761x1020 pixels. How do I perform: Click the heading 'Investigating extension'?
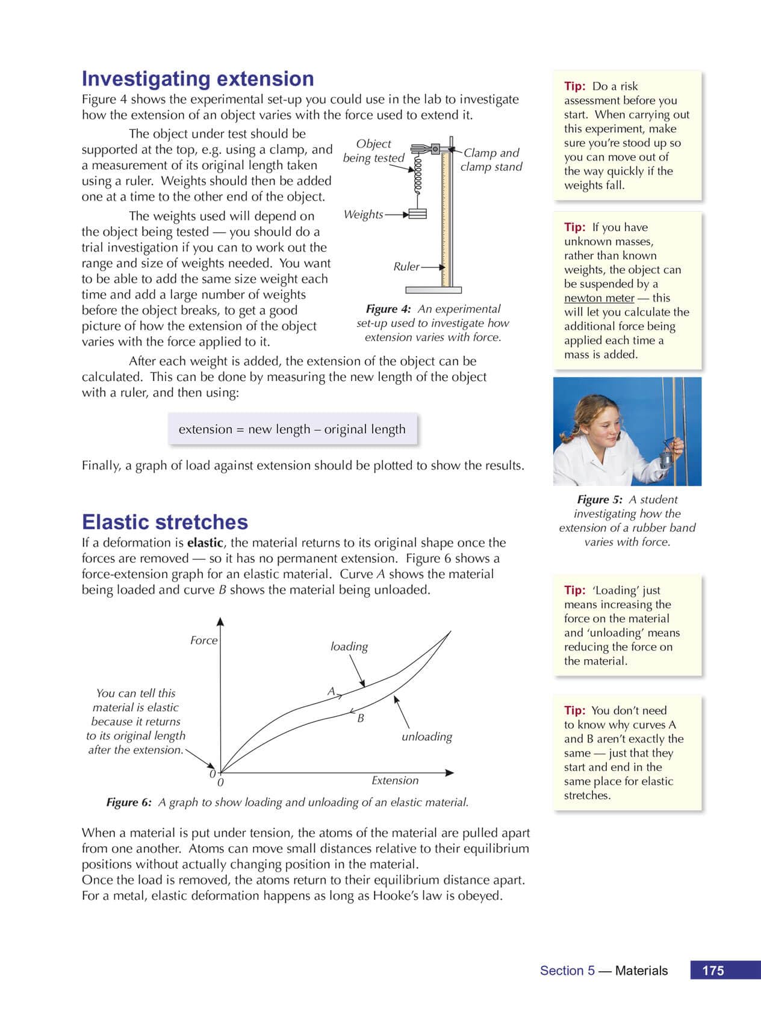coord(197,79)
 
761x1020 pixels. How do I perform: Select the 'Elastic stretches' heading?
coord(164,521)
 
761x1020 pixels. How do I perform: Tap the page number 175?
coord(713,970)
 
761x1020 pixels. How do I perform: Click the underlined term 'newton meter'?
coord(599,298)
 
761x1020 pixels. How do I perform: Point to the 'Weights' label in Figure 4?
coord(363,214)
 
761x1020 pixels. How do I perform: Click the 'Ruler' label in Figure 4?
coord(406,266)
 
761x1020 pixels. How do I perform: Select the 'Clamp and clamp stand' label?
coord(491,160)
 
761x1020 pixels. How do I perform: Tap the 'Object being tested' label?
coord(373,150)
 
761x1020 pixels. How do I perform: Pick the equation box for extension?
coord(292,429)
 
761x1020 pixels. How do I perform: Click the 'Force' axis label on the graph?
coord(203,640)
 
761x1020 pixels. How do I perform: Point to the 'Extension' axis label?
coord(395,780)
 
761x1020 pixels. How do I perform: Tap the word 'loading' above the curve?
coord(349,647)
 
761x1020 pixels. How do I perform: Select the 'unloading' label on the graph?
coord(427,736)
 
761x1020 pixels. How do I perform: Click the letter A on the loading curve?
coord(331,692)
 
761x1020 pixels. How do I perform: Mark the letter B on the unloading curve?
coord(361,717)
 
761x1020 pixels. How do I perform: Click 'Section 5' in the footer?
coord(567,970)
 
